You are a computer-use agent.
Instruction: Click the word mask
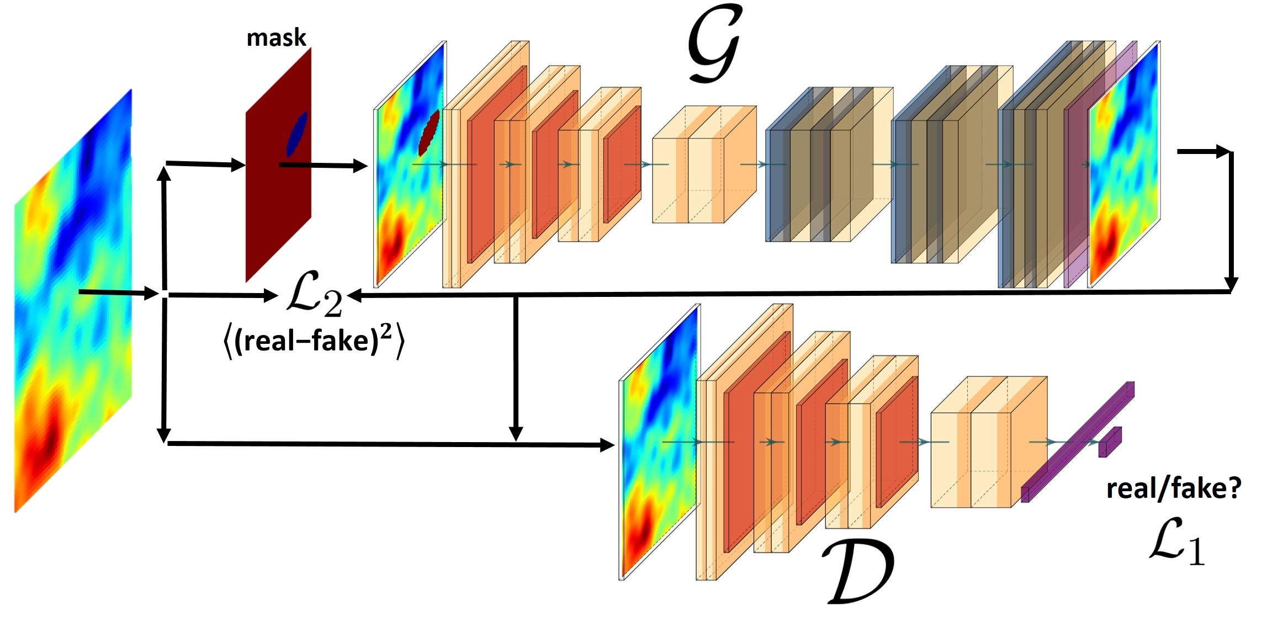(276, 38)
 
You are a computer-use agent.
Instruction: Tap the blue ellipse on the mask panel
(297, 134)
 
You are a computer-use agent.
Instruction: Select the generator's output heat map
(1124, 166)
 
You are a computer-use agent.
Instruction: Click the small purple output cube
(1110, 442)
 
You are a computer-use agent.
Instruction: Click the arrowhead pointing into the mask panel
(238, 164)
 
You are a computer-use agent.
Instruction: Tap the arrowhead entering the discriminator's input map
(607, 445)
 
